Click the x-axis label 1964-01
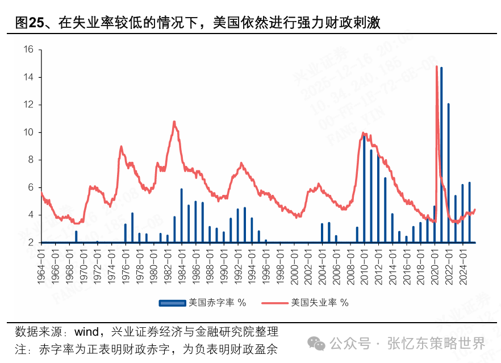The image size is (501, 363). tap(41, 262)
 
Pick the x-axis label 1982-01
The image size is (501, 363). tap(168, 262)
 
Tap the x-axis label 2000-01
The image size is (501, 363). tap(294, 262)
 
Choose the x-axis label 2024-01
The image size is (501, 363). tap(462, 262)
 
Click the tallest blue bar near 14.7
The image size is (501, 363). tap(441, 153)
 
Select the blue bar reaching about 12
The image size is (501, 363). tap(448, 170)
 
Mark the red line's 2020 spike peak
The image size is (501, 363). tap(436, 67)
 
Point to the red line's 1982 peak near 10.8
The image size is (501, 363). tap(174, 122)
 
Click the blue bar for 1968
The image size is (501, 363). tap(76, 236)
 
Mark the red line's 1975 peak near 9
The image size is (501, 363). tap(121, 147)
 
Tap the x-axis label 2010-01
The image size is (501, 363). tap(364, 262)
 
